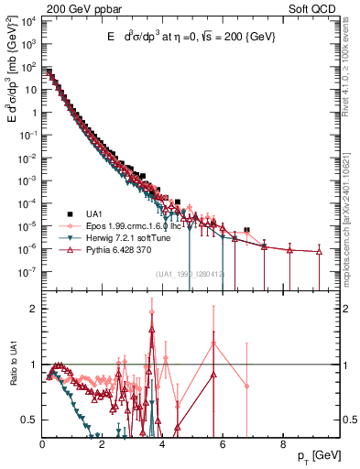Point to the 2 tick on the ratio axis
(34, 309)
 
